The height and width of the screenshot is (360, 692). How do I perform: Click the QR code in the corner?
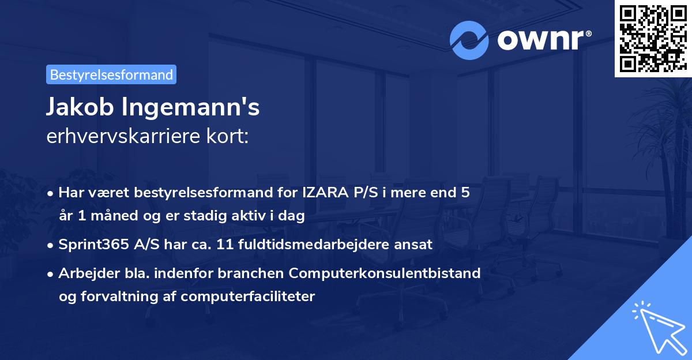click(x=653, y=39)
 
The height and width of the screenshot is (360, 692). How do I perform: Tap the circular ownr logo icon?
click(x=469, y=40)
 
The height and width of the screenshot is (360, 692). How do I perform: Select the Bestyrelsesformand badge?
click(x=111, y=74)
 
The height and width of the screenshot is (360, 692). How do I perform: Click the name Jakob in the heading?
click(x=80, y=107)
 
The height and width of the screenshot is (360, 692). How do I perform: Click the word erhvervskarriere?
click(x=123, y=136)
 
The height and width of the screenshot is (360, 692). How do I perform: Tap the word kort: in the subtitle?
click(x=227, y=136)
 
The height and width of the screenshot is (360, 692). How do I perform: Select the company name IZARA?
click(x=326, y=193)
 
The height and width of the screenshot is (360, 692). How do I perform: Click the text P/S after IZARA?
click(x=366, y=193)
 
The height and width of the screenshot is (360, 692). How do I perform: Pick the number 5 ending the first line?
click(x=465, y=193)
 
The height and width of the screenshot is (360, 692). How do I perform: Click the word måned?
click(x=114, y=215)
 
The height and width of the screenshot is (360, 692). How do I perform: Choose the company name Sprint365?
click(x=93, y=245)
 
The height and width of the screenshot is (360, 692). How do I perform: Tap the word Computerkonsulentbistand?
click(x=385, y=273)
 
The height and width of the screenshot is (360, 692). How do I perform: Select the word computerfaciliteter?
click(x=248, y=297)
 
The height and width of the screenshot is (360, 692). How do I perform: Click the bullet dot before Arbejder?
click(x=50, y=274)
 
